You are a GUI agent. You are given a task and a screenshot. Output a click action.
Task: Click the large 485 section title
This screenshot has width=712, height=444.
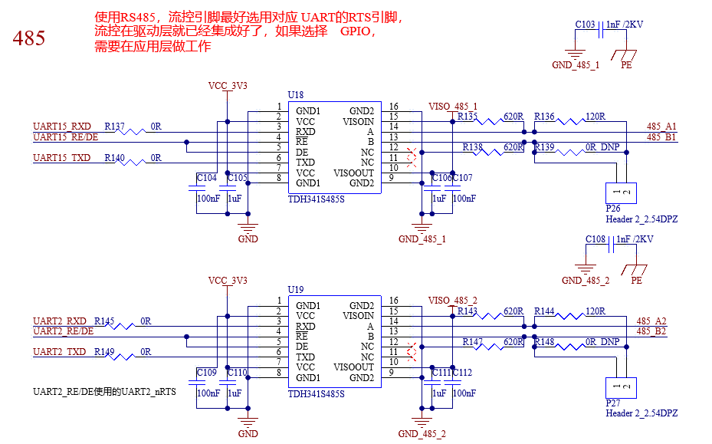pyautogui.click(x=29, y=38)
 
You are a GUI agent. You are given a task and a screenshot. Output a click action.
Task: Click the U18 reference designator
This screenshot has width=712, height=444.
pyautogui.click(x=296, y=95)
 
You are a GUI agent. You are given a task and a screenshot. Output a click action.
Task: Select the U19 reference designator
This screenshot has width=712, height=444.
pyautogui.click(x=296, y=290)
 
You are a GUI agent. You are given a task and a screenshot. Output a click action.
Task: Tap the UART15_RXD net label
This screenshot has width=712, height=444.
pyautogui.click(x=62, y=126)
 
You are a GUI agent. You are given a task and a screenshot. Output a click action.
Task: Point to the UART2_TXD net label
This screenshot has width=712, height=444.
pyautogui.click(x=59, y=352)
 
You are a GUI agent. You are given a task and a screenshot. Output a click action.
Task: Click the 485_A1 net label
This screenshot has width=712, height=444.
pyautogui.click(x=661, y=126)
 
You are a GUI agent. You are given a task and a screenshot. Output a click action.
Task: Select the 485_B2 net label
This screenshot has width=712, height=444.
pyautogui.click(x=651, y=331)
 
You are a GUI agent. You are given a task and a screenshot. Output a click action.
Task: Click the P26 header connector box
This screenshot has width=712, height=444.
pyautogui.click(x=622, y=193)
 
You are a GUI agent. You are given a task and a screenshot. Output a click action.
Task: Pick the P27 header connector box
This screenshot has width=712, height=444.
pyautogui.click(x=622, y=388)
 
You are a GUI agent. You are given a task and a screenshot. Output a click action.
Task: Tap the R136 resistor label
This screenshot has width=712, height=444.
pyautogui.click(x=544, y=117)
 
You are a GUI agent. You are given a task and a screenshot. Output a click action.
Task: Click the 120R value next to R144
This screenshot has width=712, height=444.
pyautogui.click(x=596, y=311)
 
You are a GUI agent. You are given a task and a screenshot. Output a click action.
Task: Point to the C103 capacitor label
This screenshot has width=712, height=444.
pyautogui.click(x=585, y=24)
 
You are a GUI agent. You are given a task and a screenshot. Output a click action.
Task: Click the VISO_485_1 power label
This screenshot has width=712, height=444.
pyautogui.click(x=453, y=107)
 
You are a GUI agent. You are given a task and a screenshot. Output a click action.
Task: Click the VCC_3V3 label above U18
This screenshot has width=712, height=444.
pyautogui.click(x=228, y=85)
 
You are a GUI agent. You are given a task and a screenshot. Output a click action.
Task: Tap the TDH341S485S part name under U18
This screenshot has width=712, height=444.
pyautogui.click(x=316, y=199)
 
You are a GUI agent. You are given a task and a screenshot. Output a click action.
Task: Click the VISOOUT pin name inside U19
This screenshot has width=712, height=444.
pyautogui.click(x=354, y=367)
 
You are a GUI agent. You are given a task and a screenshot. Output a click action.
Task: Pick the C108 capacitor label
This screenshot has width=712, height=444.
pyautogui.click(x=596, y=239)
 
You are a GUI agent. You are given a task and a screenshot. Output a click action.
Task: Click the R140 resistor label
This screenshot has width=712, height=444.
pyautogui.click(x=114, y=157)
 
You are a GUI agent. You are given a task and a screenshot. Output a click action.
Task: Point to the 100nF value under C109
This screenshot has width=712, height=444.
pyautogui.click(x=208, y=393)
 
